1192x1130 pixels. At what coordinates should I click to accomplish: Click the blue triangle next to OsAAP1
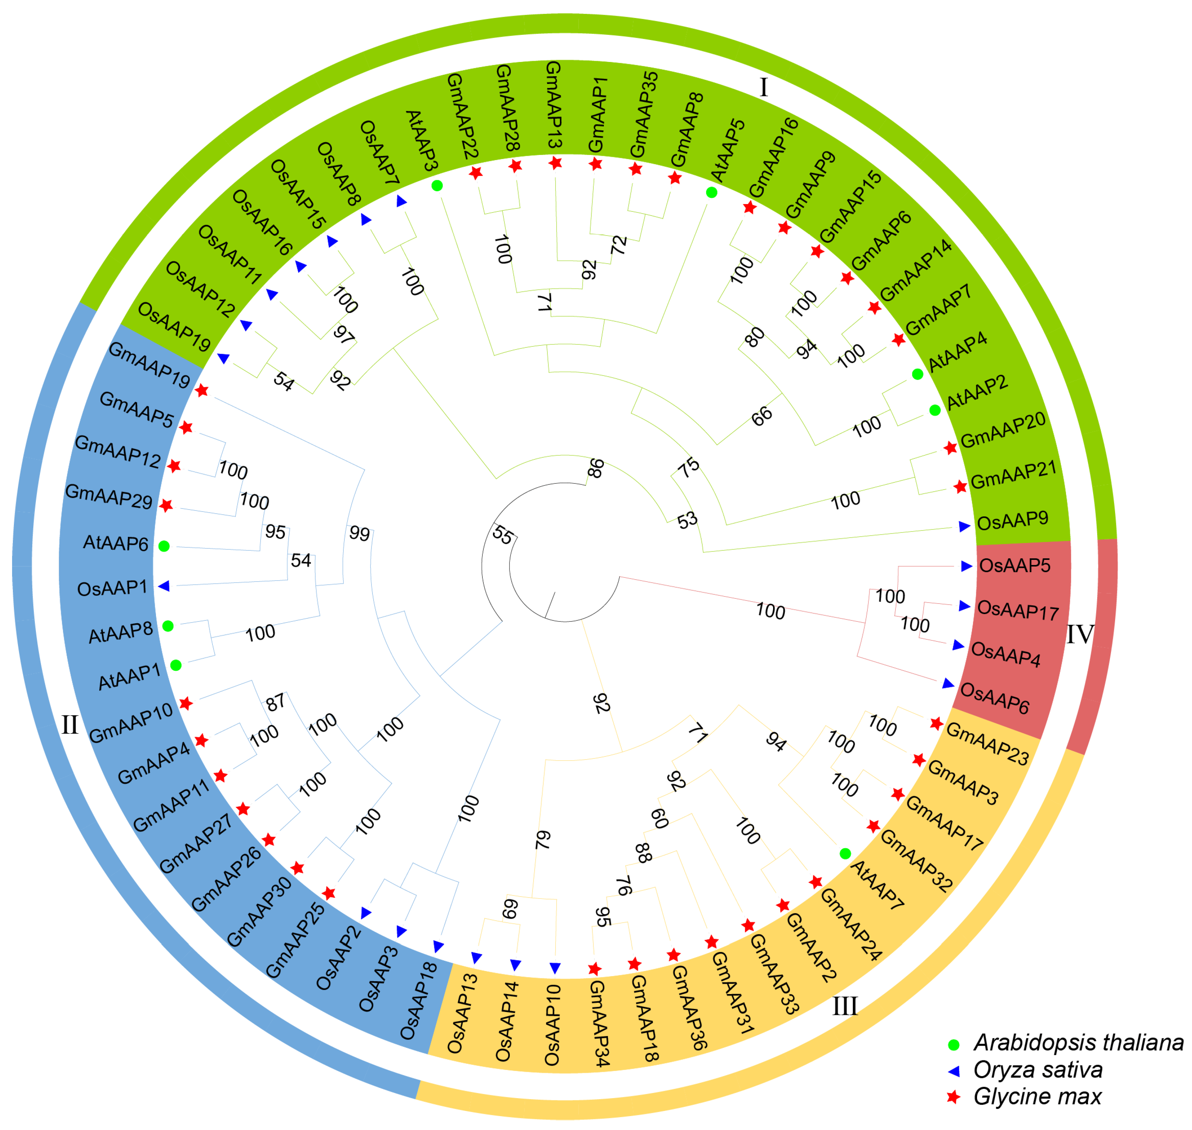tap(163, 586)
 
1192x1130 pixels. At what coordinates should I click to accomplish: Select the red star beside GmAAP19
tap(202, 390)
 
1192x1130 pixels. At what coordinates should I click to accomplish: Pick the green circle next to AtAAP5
tap(712, 192)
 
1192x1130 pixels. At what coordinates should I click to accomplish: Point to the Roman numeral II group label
tap(70, 725)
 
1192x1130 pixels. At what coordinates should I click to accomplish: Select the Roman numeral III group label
tap(844, 1006)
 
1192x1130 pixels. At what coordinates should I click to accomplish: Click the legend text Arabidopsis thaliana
tap(1078, 1042)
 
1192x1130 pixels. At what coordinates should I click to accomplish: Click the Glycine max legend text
tap(1037, 1096)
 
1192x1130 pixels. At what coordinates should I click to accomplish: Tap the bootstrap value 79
tap(542, 839)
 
